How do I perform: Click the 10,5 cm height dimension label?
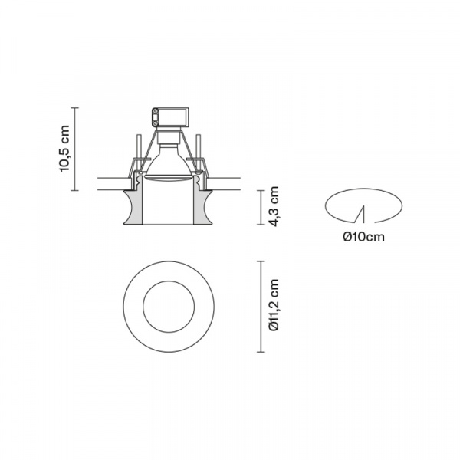[65, 149]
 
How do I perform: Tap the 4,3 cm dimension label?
[274, 206]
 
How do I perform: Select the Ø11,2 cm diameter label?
[274, 305]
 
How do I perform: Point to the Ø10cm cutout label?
[363, 237]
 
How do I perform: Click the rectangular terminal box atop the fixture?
[170, 117]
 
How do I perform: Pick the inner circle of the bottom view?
[169, 281]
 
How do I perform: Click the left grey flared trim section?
[133, 208]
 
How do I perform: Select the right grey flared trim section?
[203, 208]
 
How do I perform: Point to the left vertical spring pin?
[140, 147]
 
